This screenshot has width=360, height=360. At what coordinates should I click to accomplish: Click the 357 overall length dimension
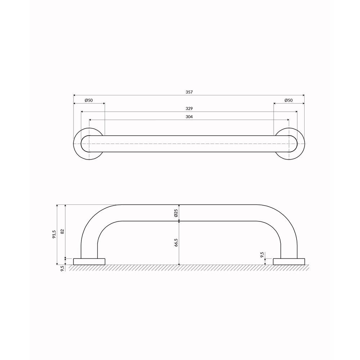click(x=189, y=92)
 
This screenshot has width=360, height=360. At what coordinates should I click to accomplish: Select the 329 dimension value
click(x=189, y=109)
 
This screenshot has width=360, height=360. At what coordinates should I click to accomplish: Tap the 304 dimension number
click(x=189, y=117)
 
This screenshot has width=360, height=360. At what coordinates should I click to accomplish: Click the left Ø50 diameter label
click(x=89, y=100)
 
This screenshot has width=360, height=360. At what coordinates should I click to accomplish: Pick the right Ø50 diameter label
click(x=289, y=100)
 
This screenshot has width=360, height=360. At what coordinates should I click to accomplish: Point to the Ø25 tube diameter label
click(x=176, y=213)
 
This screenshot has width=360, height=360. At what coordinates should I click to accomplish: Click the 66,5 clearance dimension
click(x=176, y=243)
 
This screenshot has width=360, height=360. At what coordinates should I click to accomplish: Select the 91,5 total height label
click(x=54, y=234)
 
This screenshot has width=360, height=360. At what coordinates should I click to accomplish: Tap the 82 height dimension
click(x=62, y=231)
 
